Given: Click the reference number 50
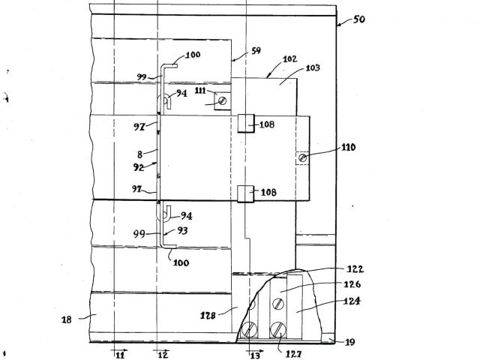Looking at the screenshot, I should click(358, 19).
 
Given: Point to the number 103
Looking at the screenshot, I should click(313, 67).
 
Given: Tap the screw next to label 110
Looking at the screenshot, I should click(303, 157).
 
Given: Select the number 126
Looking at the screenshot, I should click(351, 284).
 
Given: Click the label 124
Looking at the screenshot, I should click(351, 301).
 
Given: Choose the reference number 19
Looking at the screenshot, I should click(349, 342).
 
